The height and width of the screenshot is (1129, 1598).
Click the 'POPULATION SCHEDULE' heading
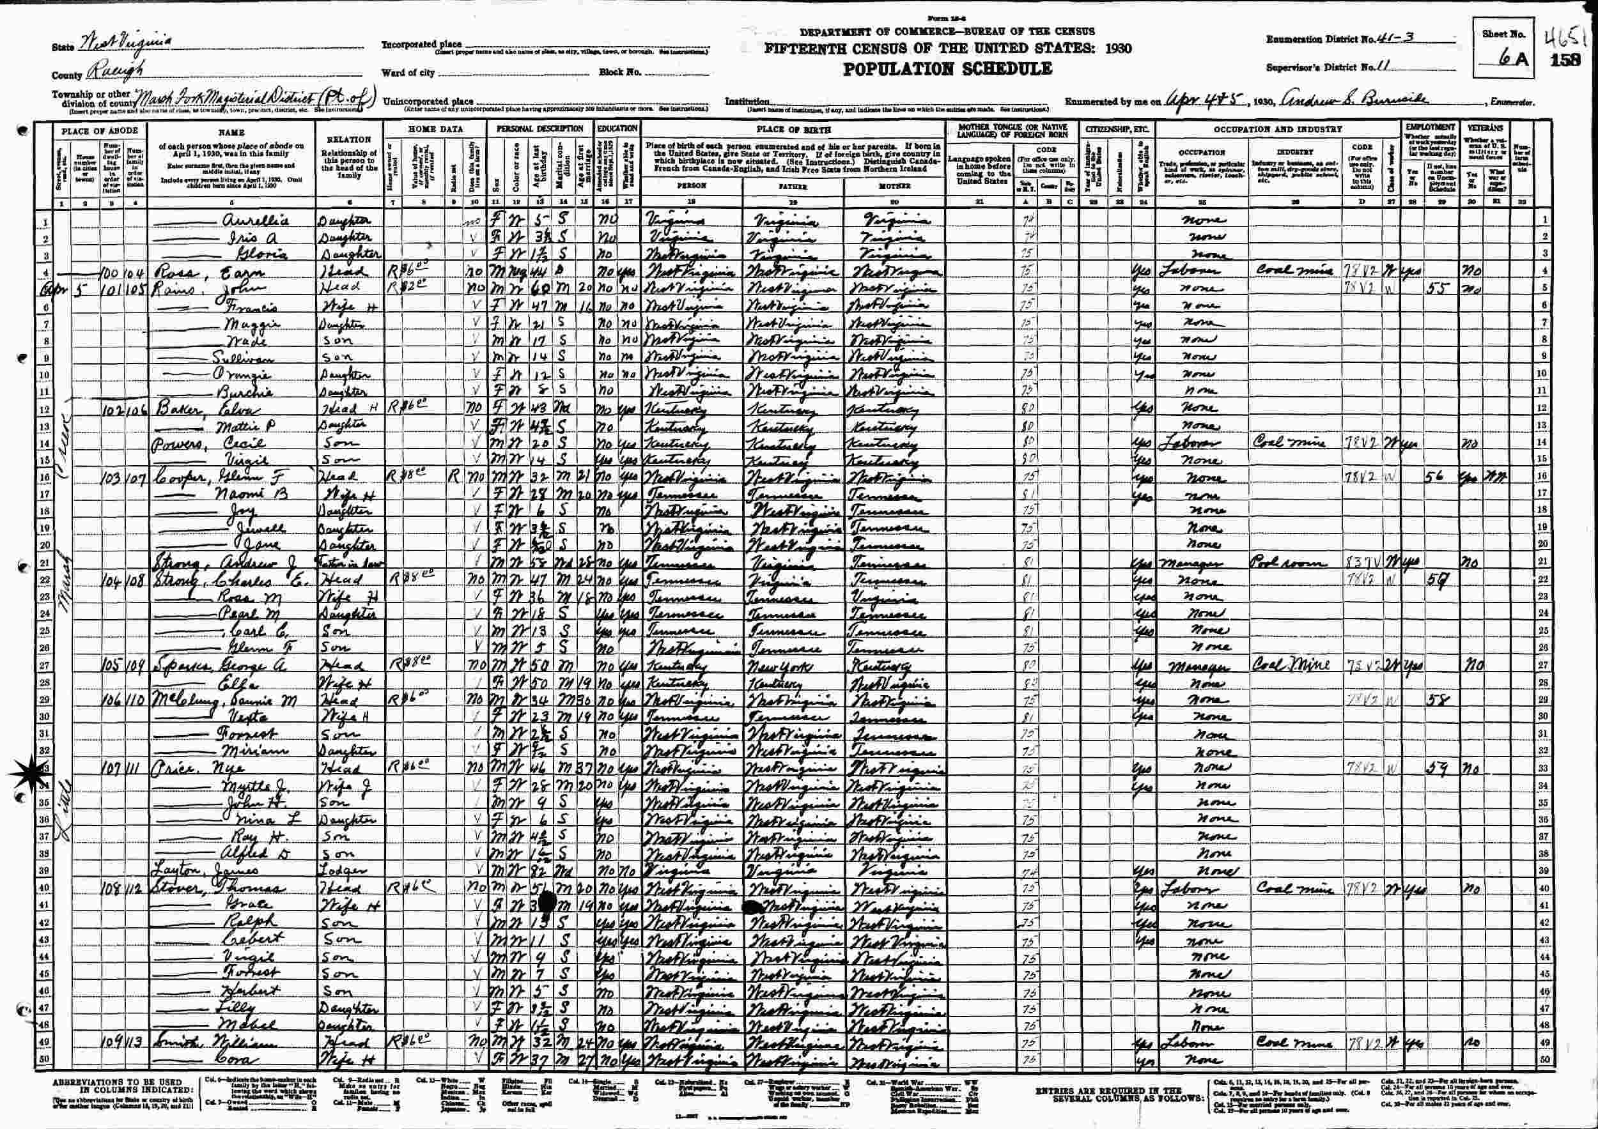click(x=947, y=69)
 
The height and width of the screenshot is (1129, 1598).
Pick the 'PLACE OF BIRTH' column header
click(x=792, y=128)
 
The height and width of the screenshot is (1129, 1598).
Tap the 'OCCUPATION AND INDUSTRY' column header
click(x=1277, y=128)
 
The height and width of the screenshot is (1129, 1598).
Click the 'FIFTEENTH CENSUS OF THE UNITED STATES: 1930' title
click(x=947, y=49)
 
